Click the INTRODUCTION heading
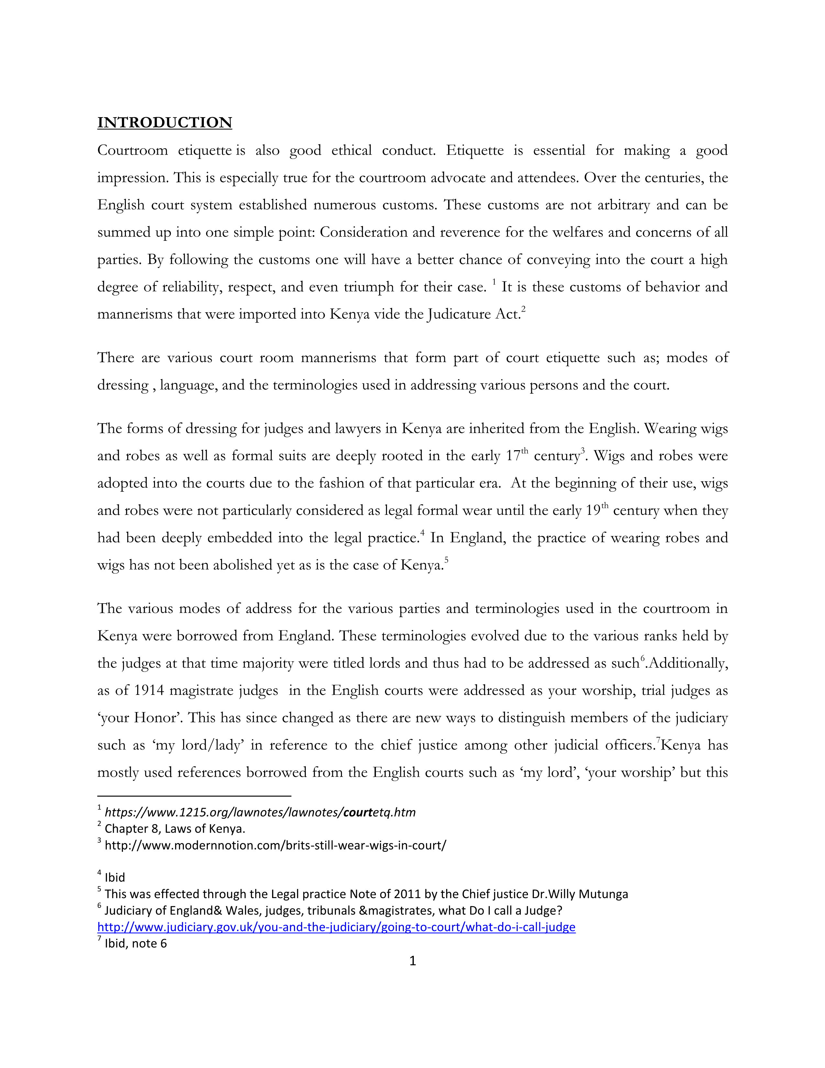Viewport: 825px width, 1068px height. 164,122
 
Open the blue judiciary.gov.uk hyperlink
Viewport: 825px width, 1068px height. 336,927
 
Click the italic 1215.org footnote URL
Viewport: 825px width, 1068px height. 260,812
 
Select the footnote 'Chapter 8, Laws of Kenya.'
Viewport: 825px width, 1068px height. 174,829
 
